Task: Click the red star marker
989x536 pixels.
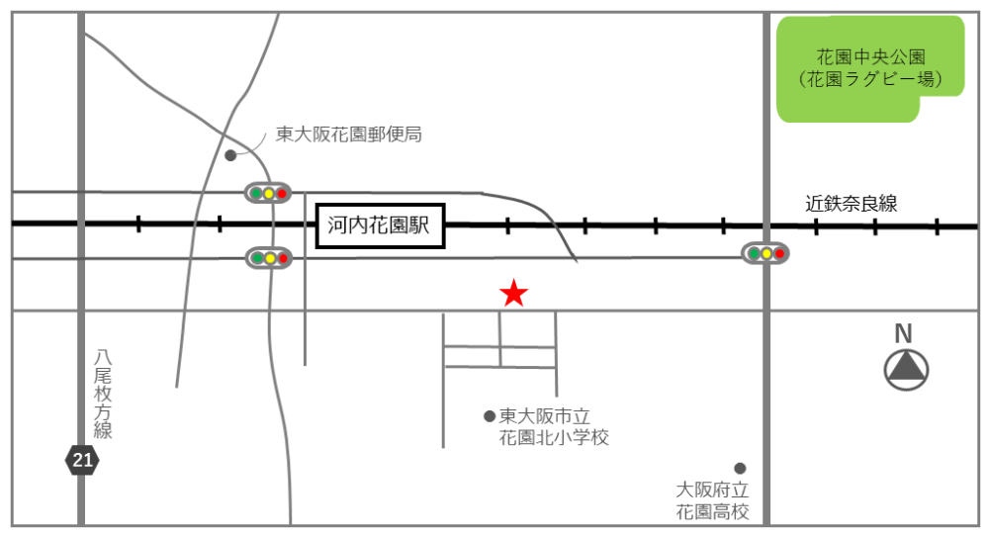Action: pos(513,294)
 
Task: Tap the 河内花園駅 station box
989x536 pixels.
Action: pos(381,225)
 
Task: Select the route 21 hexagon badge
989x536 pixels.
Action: pos(82,460)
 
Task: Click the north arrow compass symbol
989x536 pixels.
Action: pos(906,370)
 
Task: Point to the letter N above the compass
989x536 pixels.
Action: pos(903,333)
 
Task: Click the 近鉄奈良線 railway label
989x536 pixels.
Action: pos(851,204)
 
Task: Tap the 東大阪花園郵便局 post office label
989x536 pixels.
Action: pos(349,134)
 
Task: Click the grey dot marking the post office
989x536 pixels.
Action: pos(230,155)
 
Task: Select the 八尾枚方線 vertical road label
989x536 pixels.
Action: pos(102,394)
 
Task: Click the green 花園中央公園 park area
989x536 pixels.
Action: pos(869,68)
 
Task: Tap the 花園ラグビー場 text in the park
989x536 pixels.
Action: pos(871,79)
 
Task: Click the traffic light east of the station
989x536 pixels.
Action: pos(765,253)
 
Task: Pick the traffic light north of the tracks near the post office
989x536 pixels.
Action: pos(268,193)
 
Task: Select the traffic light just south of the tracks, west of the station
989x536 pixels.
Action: pos(269,257)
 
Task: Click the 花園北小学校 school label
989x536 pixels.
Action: pos(554,438)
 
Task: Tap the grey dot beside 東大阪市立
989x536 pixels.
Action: pos(490,416)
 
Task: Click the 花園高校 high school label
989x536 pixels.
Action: pos(713,511)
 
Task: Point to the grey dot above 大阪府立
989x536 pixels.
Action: pos(740,469)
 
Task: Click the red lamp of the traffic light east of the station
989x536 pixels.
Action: pos(779,253)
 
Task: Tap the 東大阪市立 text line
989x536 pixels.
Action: pos(544,416)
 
